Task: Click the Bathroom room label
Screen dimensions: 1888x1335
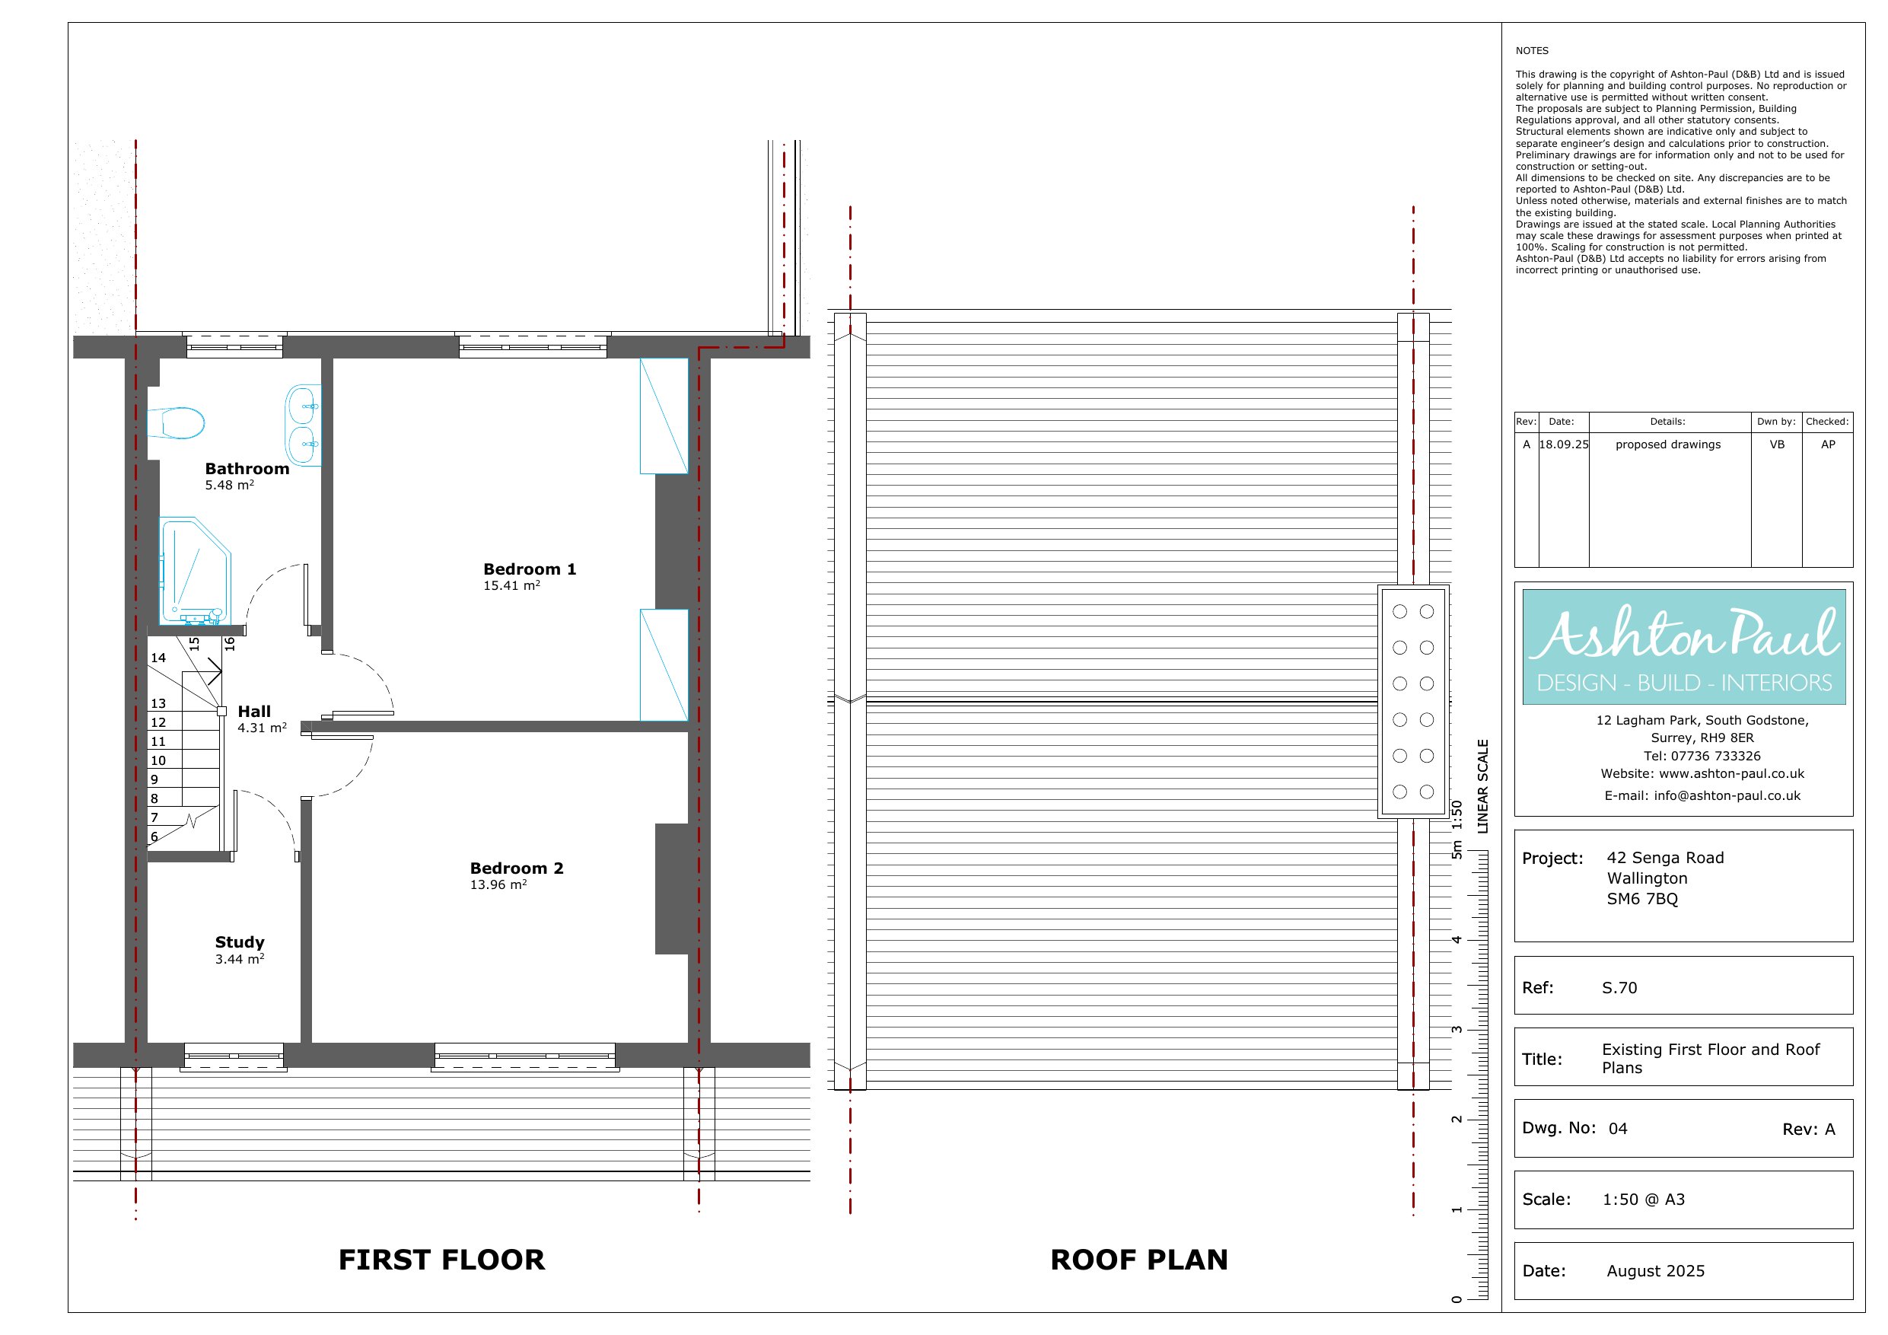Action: click(x=247, y=469)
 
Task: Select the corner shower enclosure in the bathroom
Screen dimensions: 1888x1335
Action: click(x=195, y=570)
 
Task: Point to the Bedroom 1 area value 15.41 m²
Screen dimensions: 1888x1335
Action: click(x=511, y=585)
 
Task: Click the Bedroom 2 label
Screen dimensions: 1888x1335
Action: click(x=517, y=868)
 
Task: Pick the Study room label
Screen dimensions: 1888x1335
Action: click(x=239, y=942)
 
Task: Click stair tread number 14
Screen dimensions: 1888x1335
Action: click(x=158, y=658)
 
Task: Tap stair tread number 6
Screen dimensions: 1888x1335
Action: click(x=154, y=837)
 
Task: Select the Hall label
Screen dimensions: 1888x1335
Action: click(x=254, y=712)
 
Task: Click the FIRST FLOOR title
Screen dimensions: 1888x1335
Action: click(x=441, y=1260)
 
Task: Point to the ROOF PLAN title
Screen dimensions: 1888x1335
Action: click(x=1139, y=1260)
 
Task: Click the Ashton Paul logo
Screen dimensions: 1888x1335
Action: click(x=1684, y=646)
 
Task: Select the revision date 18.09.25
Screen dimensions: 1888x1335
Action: click(x=1563, y=444)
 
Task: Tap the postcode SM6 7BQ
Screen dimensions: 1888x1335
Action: click(x=1642, y=899)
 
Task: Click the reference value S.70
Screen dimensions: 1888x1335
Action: click(x=1619, y=988)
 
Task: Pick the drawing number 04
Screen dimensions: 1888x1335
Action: click(x=1617, y=1129)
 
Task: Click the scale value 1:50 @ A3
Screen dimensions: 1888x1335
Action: click(x=1644, y=1200)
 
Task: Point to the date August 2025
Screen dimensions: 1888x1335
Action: click(x=1655, y=1271)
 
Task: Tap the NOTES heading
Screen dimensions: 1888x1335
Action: click(x=1532, y=51)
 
